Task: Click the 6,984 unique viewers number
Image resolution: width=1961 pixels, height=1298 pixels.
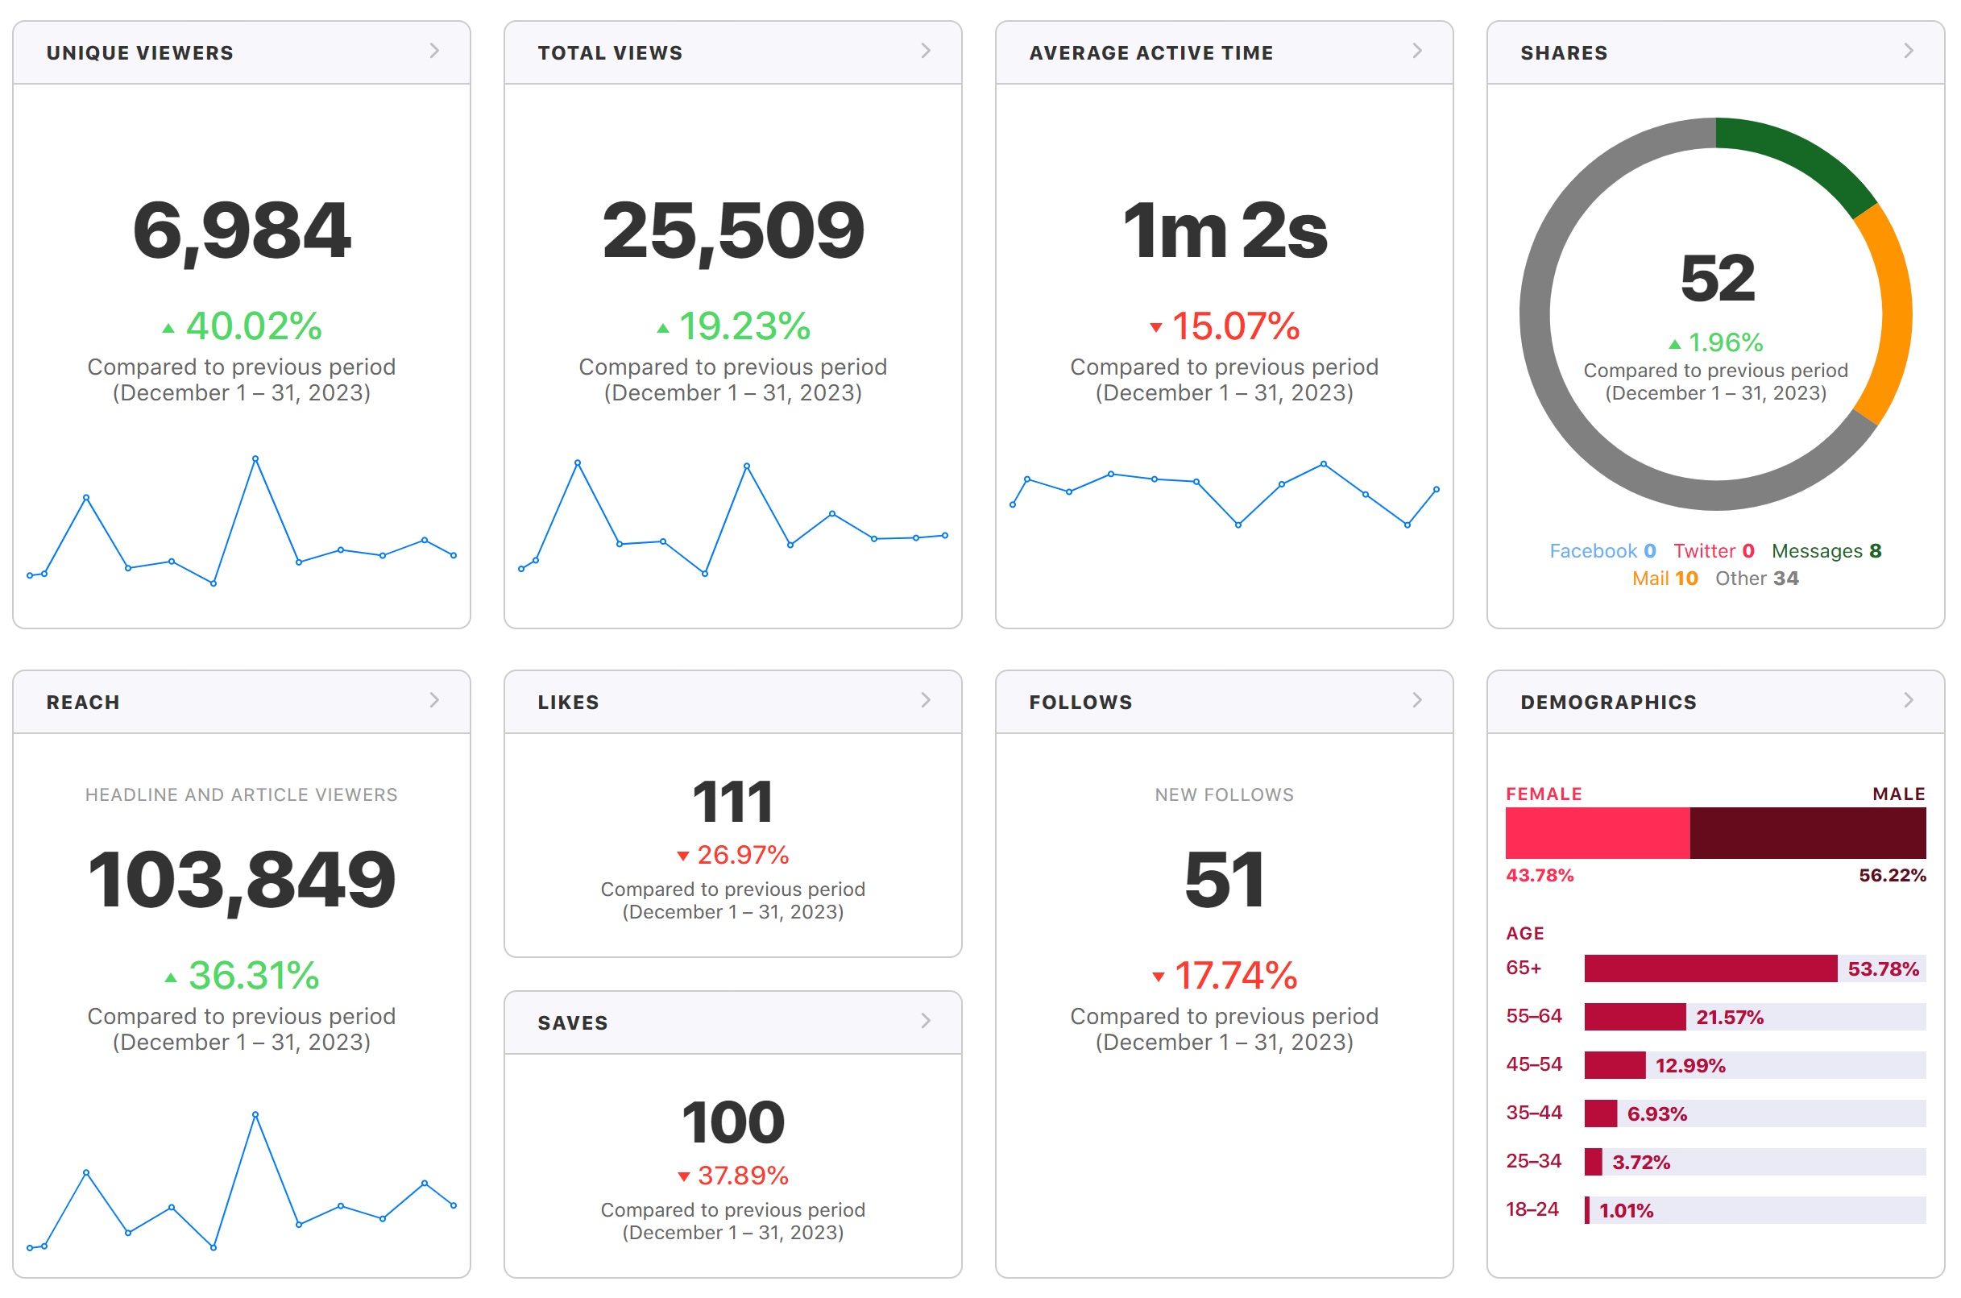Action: pyautogui.click(x=242, y=230)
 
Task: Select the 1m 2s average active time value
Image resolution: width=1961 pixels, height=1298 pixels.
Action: pyautogui.click(x=1225, y=231)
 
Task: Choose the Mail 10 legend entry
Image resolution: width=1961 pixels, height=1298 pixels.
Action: pyautogui.click(x=1665, y=579)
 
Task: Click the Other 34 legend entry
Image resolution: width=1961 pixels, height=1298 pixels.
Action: pyautogui.click(x=1756, y=579)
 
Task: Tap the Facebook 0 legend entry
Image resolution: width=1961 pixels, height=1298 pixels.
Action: pyautogui.click(x=1602, y=551)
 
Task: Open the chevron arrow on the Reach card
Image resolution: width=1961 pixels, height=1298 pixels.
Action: pyautogui.click(x=434, y=700)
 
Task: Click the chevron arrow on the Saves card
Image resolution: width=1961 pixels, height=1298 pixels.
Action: pyautogui.click(x=926, y=1021)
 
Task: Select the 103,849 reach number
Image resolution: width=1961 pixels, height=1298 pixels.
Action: pyautogui.click(x=242, y=880)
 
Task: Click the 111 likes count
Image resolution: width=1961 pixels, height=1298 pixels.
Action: pyautogui.click(x=732, y=802)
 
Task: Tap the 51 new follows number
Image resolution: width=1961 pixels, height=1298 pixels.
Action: pyautogui.click(x=1225, y=880)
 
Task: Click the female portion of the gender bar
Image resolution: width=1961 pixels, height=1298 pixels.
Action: pyautogui.click(x=1598, y=833)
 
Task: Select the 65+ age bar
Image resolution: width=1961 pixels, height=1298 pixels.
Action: pyautogui.click(x=1710, y=968)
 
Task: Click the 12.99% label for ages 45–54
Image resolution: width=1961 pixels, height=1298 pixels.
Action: pyautogui.click(x=1690, y=1065)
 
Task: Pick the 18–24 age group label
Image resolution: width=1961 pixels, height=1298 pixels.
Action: pyautogui.click(x=1532, y=1209)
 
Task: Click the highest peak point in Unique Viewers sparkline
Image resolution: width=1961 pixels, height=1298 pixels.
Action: pyautogui.click(x=255, y=458)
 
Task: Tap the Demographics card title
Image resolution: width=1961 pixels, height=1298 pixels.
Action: pyautogui.click(x=1608, y=702)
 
